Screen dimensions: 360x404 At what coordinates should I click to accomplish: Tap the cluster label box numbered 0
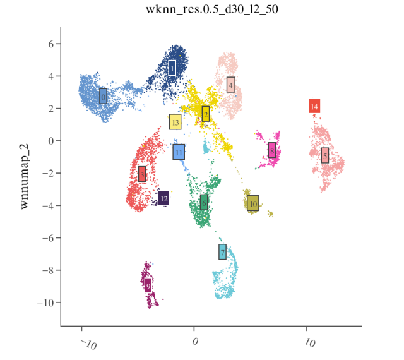pos(103,97)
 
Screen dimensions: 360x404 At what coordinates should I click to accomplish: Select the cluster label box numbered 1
pos(172,68)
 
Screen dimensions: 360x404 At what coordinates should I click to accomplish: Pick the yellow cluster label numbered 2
pos(206,114)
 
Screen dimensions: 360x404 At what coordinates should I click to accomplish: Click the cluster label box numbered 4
pos(231,85)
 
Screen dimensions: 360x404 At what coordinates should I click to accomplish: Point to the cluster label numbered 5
pos(324,155)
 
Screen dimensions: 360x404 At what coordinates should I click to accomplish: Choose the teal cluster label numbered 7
pos(223,251)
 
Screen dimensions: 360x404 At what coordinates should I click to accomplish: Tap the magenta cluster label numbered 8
pos(272,151)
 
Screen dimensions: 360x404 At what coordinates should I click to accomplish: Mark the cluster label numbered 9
pos(148,285)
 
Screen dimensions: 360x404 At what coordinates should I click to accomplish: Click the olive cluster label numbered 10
pos(253,203)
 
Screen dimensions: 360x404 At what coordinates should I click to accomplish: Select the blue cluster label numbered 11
pos(179,152)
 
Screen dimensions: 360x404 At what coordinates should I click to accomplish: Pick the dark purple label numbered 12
pos(163,198)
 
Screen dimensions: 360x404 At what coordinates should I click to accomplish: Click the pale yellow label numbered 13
pos(175,122)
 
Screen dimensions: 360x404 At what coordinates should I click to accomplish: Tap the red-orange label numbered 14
pos(314,106)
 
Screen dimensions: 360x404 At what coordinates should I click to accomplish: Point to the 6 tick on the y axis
pos(50,44)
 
